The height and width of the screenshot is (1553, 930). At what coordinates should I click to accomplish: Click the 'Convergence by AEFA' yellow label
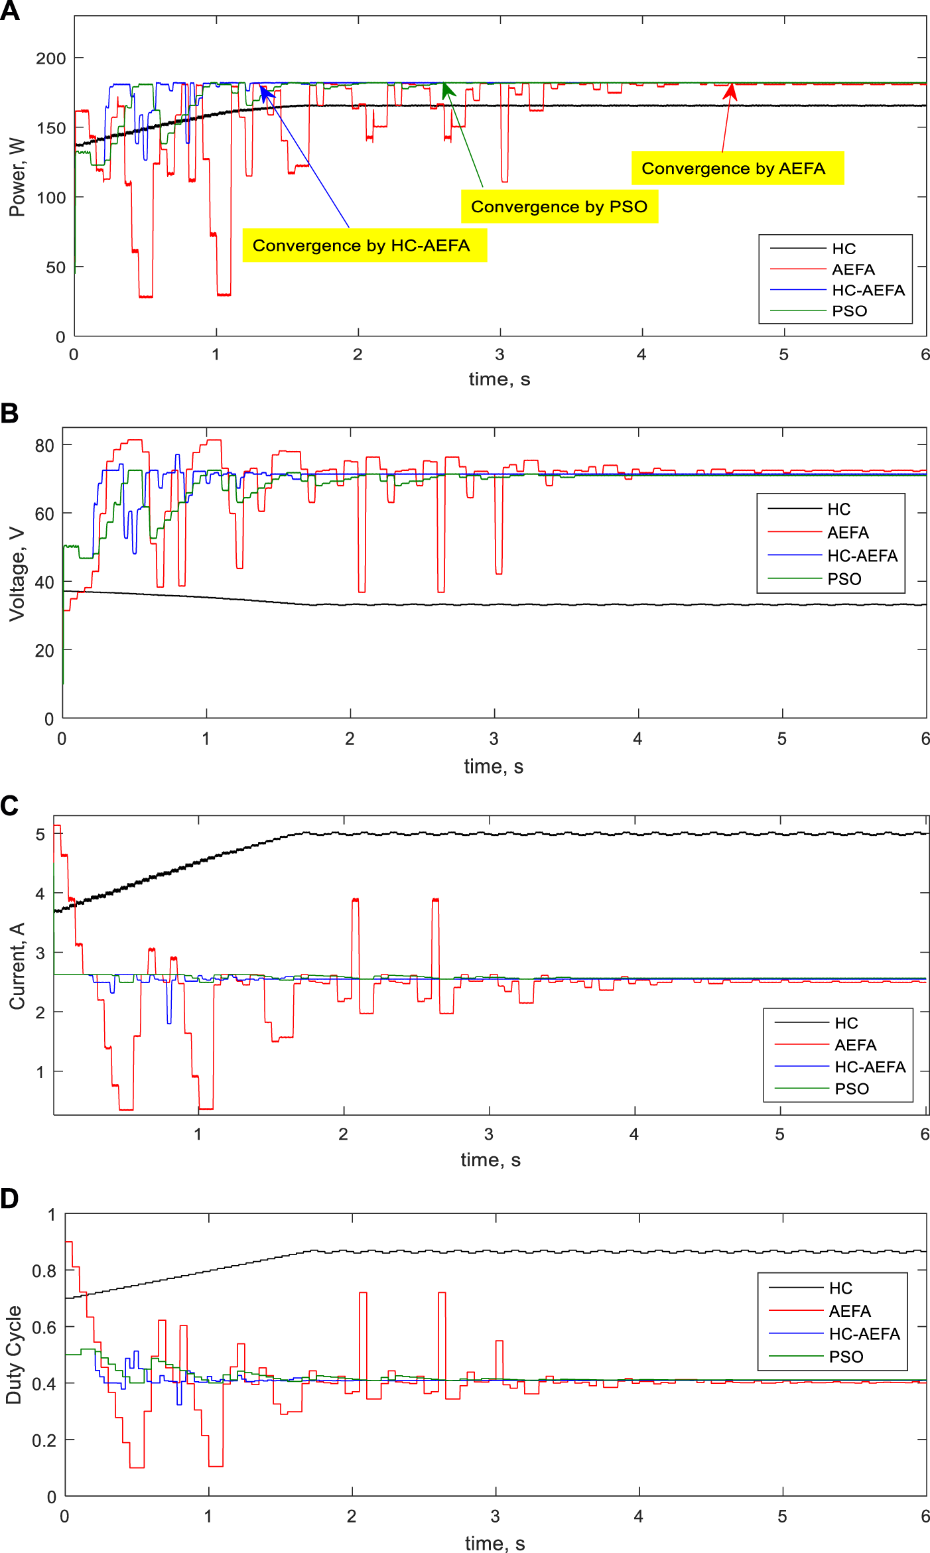tap(737, 169)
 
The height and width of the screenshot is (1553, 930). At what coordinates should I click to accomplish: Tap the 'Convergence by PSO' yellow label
tap(559, 207)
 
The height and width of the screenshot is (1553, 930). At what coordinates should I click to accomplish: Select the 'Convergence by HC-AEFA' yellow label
tap(364, 245)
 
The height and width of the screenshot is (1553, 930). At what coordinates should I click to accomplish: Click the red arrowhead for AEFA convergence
tap(730, 91)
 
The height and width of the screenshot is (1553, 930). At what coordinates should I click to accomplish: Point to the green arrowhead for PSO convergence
tap(448, 90)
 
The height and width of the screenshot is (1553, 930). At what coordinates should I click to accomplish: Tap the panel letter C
tap(9, 805)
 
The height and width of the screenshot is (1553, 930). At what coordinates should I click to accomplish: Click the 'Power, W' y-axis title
tap(17, 178)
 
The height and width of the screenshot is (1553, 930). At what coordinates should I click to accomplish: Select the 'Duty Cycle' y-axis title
tap(14, 1355)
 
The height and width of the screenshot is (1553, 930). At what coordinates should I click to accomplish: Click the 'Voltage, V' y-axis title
tap(17, 574)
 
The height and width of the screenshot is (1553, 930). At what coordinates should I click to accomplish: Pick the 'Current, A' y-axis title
tap(17, 966)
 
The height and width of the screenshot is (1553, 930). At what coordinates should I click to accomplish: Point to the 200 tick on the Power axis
tap(50, 58)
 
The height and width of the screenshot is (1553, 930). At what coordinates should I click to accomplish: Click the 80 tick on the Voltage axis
tap(44, 446)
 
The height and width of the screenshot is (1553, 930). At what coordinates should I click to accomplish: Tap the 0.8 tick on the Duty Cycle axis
tap(44, 1271)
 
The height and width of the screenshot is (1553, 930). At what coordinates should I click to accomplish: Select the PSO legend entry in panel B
tap(844, 579)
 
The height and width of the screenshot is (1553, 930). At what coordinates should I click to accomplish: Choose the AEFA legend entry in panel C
tap(855, 1045)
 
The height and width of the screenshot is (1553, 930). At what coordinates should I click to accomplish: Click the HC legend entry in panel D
tap(840, 1288)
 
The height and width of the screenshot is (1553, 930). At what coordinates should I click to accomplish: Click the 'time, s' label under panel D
tap(495, 1544)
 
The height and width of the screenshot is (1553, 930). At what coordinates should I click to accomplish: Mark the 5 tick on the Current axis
tap(40, 834)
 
